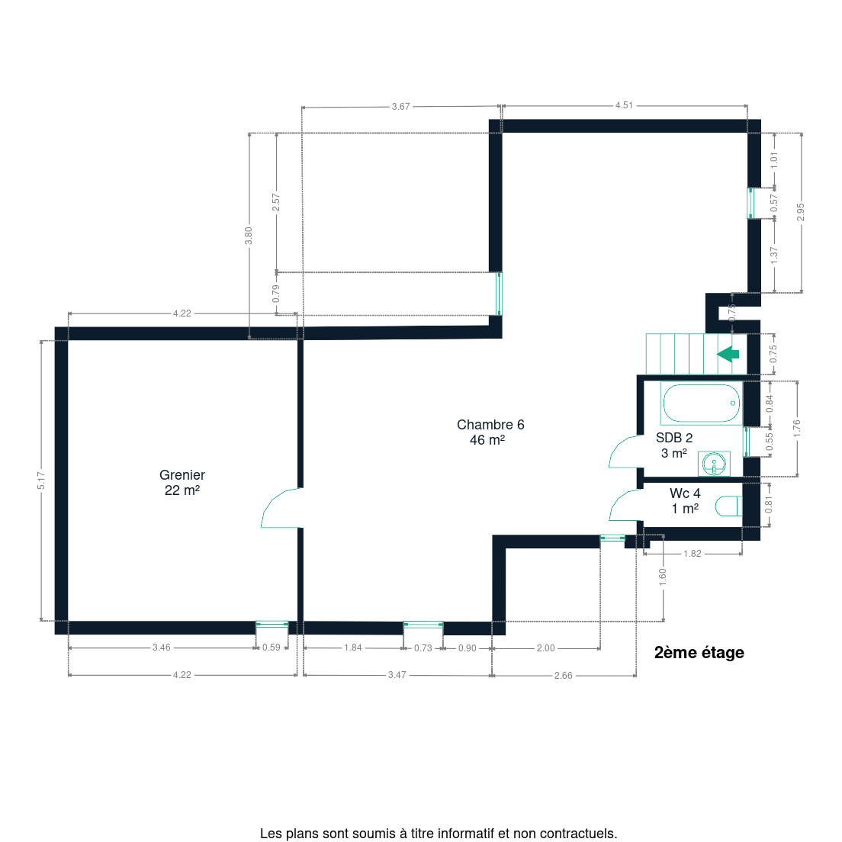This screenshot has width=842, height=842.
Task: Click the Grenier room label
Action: pos(182,482)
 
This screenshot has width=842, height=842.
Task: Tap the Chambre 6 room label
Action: pos(490,432)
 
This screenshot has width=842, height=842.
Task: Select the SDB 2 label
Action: pos(674,445)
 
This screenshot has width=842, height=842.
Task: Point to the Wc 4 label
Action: pos(685,500)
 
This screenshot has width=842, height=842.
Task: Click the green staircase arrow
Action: pos(728,354)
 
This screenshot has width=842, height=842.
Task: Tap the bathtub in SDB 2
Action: pos(702,403)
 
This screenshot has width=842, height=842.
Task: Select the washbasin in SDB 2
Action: pos(714,464)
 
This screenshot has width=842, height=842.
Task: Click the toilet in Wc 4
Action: pos(728,506)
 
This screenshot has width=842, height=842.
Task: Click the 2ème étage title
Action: pos(699,652)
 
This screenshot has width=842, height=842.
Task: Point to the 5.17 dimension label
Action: pos(41,480)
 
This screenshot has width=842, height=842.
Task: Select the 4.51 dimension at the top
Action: pos(624,105)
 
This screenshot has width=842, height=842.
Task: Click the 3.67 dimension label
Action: pos(400,106)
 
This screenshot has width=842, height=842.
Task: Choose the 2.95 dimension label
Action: pos(801,211)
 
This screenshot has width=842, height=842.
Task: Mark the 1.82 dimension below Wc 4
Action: pos(693,554)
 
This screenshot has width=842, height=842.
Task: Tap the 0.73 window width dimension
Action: pos(423,648)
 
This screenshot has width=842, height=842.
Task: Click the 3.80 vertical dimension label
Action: pos(248,236)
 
